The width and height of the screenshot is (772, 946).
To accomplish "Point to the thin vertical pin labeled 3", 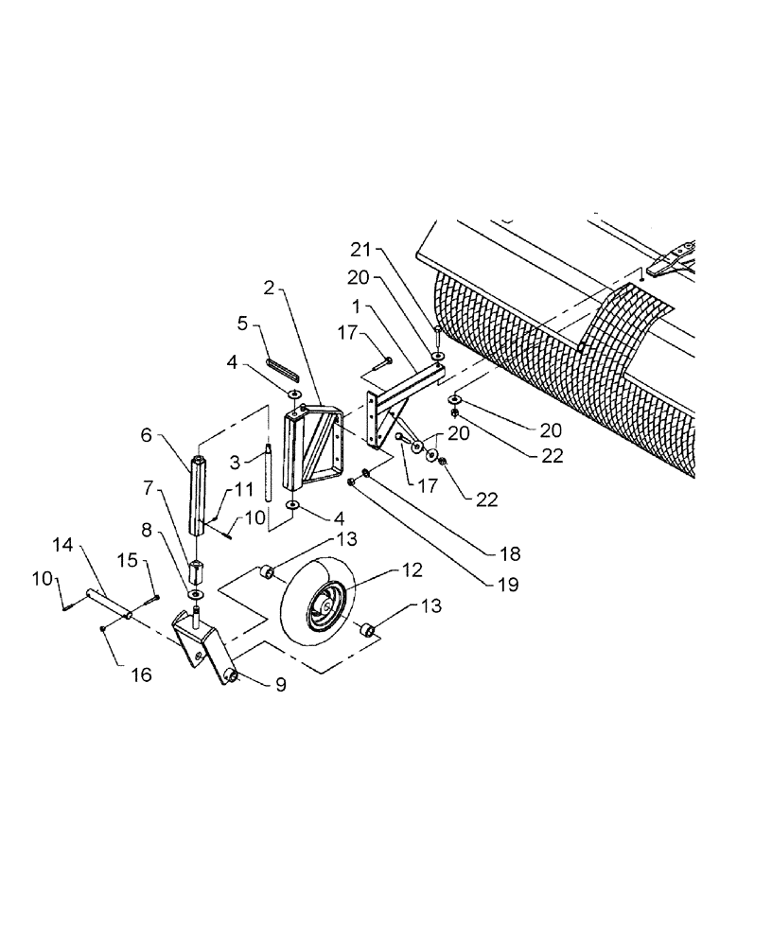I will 269,473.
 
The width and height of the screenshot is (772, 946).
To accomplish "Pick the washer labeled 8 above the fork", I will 197,593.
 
